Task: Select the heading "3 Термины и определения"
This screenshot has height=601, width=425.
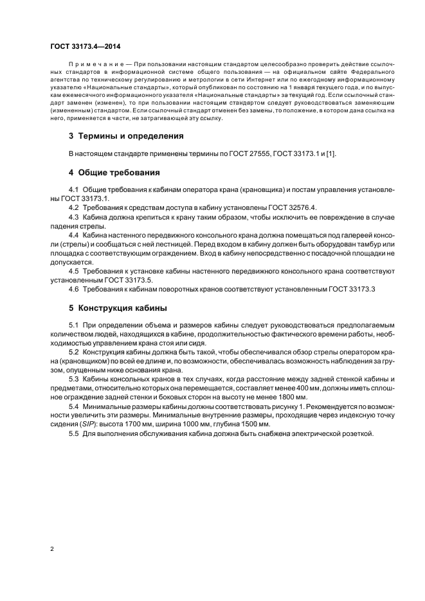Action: (x=126, y=136)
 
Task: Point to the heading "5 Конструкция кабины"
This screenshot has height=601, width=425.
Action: (x=118, y=308)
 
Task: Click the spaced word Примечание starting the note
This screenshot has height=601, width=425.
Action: (x=94, y=65)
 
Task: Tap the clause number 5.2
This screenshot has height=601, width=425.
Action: (x=74, y=353)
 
